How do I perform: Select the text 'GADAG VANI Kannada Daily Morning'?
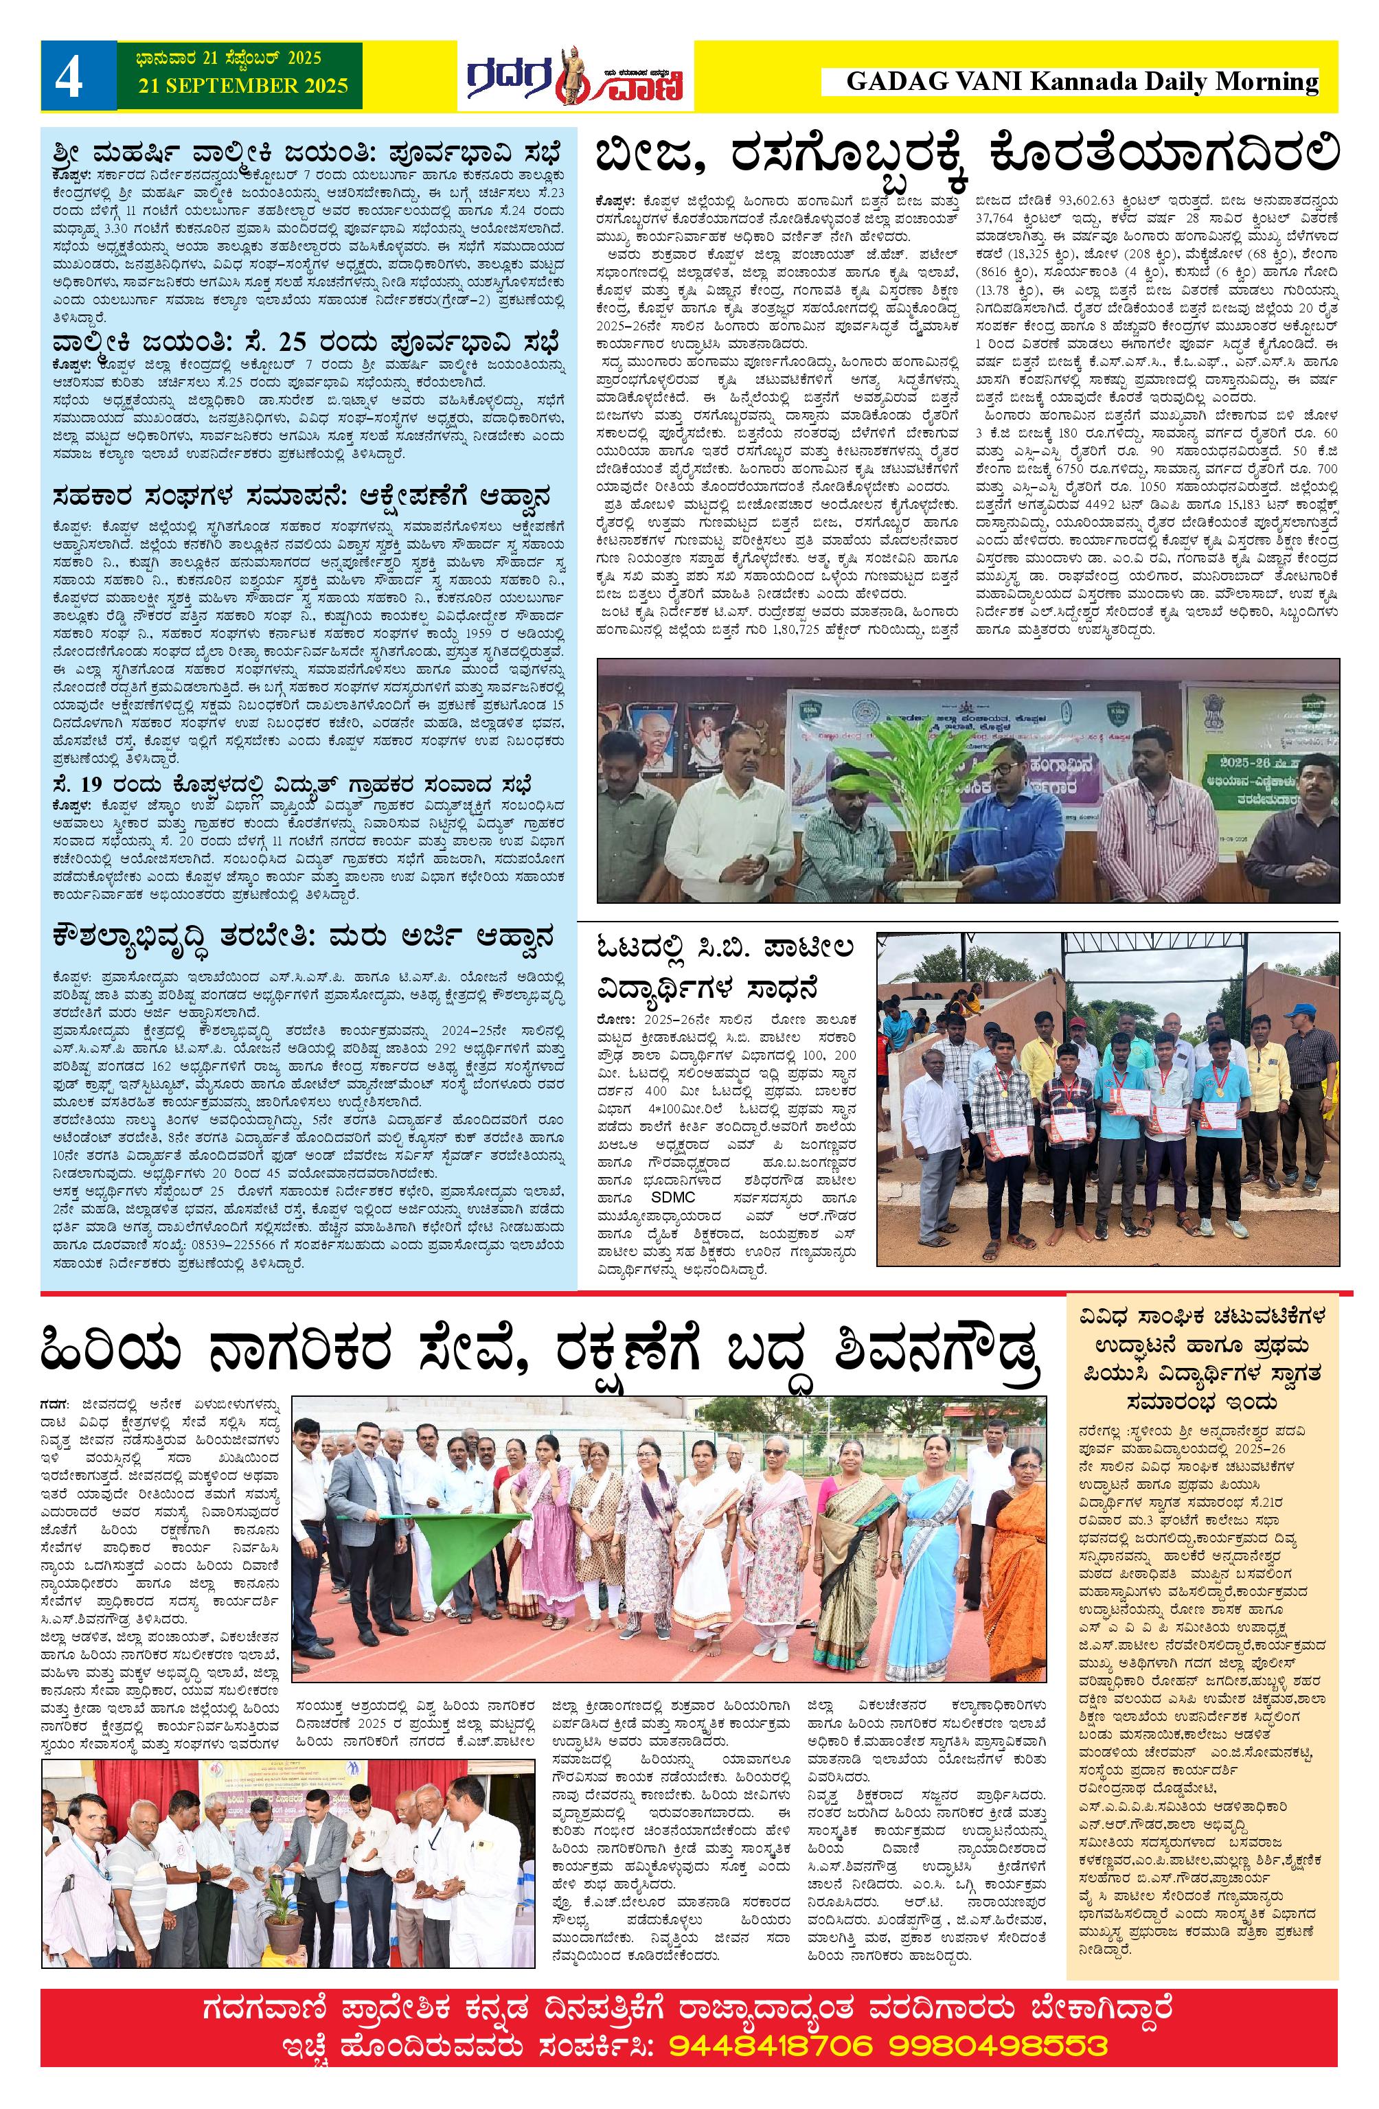1081,82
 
